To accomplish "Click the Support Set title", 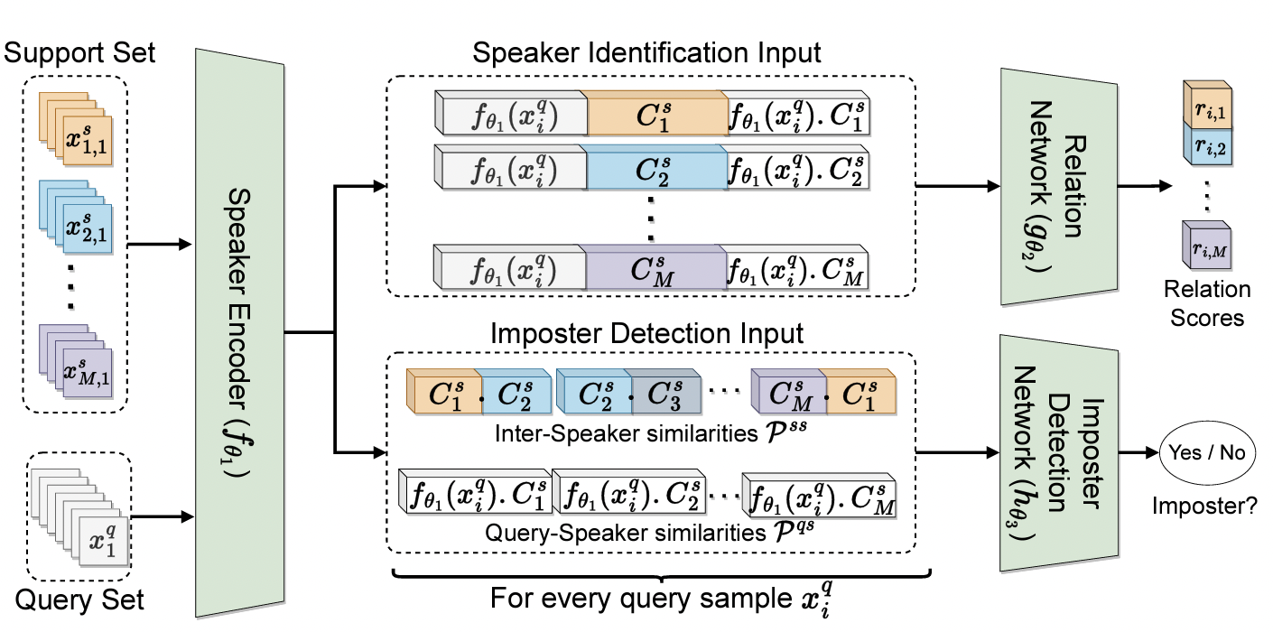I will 80,53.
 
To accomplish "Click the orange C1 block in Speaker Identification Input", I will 656,116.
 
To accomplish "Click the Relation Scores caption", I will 1207,303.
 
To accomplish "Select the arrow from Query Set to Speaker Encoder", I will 163,516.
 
